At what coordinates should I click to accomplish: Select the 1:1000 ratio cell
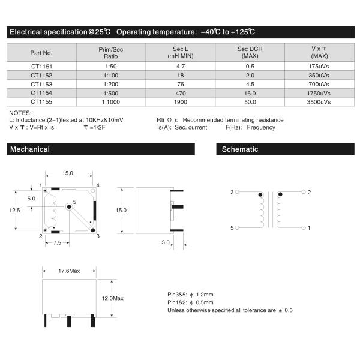pyautogui.click(x=109, y=101)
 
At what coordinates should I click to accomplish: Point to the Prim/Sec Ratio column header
pyautogui.click(x=109, y=52)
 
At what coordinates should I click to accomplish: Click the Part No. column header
pyautogui.click(x=41, y=52)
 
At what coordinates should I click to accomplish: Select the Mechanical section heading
pyautogui.click(x=30, y=149)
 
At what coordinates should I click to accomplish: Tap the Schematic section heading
pyautogui.click(x=240, y=149)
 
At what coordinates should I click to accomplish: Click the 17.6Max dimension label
pyautogui.click(x=69, y=271)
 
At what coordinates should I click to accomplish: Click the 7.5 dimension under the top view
pyautogui.click(x=57, y=242)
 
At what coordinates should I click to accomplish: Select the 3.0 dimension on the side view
pyautogui.click(x=166, y=242)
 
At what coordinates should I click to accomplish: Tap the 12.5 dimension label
pyautogui.click(x=15, y=210)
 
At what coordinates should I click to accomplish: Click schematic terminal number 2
pyautogui.click(x=309, y=193)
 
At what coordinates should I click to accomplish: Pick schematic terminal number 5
pyautogui.click(x=232, y=228)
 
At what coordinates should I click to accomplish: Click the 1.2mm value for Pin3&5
pyautogui.click(x=205, y=295)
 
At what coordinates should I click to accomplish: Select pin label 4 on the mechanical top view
pyautogui.click(x=98, y=185)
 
